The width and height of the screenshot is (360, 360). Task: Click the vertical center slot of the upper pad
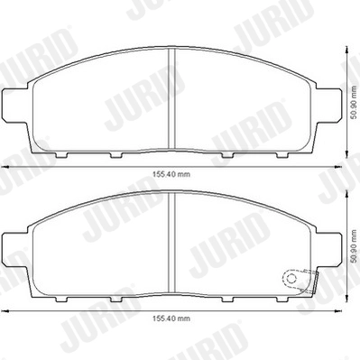[172, 99]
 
